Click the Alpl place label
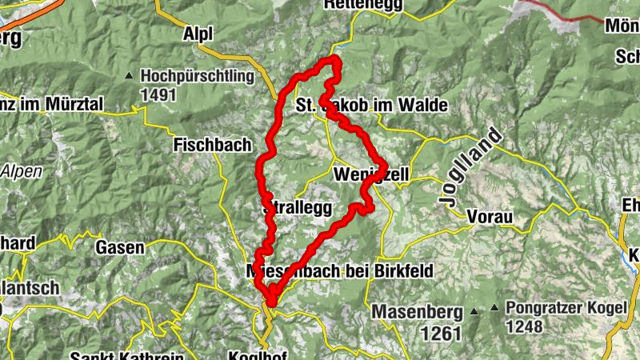click(198, 34)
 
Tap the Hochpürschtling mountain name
click(197, 77)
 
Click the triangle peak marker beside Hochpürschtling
click(129, 77)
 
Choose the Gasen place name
click(119, 248)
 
